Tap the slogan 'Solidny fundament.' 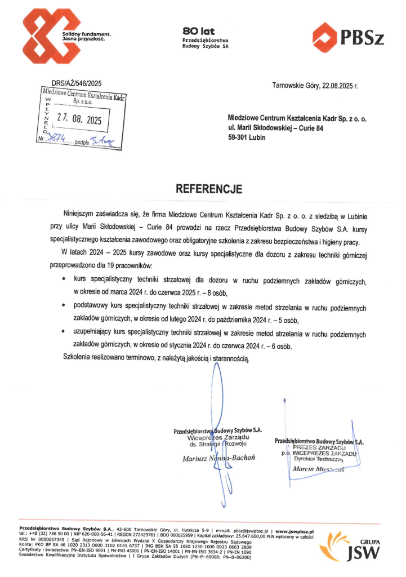(87, 35)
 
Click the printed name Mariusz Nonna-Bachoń (219, 458)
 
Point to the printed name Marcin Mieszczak (319, 469)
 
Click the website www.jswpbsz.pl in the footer (295, 531)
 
